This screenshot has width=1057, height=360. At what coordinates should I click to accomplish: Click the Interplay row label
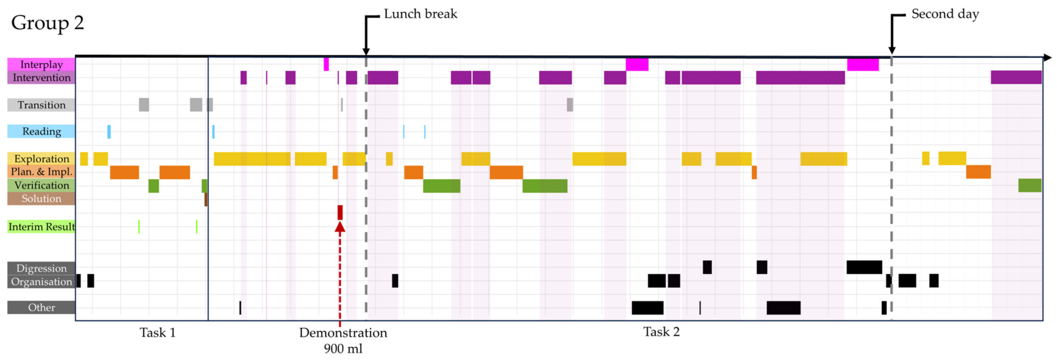41,64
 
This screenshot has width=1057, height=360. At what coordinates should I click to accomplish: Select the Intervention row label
41,77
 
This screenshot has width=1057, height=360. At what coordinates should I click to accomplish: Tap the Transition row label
41,105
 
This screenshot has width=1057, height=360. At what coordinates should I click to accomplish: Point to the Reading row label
41,131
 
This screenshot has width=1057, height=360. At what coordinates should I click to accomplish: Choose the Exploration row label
41,159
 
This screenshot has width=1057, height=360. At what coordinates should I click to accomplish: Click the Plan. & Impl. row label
41,172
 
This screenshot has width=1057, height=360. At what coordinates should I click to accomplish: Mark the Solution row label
41,199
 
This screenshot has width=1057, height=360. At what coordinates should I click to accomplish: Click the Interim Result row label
41,227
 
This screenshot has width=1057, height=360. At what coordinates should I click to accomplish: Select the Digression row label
41,268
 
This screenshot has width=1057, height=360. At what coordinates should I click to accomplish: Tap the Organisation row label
41,282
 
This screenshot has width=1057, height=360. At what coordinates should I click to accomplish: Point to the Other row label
41,307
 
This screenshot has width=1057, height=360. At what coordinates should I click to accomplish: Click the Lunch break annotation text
420,14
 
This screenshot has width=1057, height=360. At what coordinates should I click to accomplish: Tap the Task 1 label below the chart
158,332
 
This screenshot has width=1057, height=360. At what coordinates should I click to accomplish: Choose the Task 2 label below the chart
661,332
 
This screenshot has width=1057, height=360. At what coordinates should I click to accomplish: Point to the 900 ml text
343,349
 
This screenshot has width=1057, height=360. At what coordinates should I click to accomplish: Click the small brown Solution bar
206,199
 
